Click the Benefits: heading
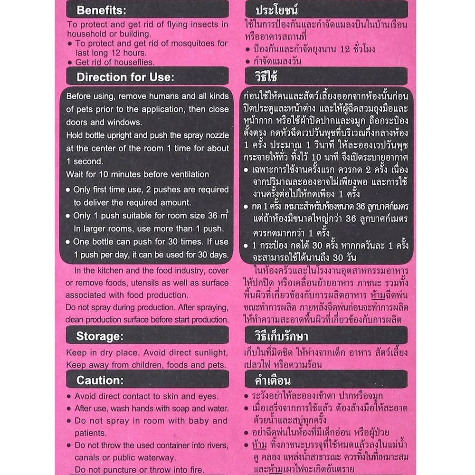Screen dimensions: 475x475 click(102, 10)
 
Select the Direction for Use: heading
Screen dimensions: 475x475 click(125, 77)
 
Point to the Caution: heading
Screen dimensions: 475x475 click(100, 380)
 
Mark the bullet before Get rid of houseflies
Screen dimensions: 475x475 click(70, 63)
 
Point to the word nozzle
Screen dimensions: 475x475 click(216, 135)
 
